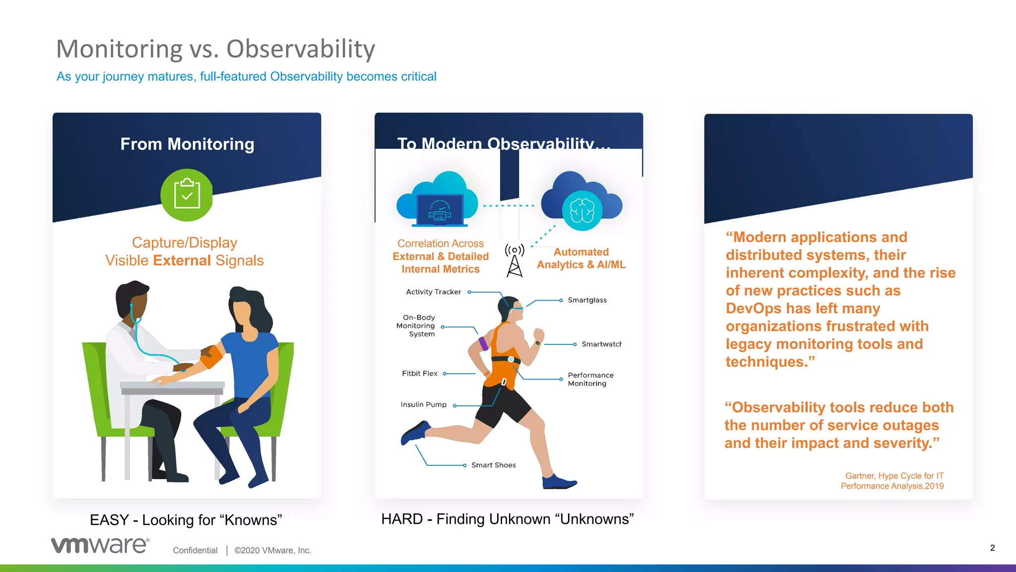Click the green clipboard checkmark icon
(187, 195)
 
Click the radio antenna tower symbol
(514, 260)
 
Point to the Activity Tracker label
(433, 292)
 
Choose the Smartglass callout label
(587, 300)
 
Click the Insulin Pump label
(423, 405)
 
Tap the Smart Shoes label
(493, 465)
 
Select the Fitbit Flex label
(419, 374)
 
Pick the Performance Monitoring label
(590, 380)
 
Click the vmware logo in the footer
(100, 545)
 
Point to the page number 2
(992, 548)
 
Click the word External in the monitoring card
(182, 260)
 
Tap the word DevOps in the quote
(749, 309)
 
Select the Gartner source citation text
(892, 481)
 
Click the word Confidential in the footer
(195, 550)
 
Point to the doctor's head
(133, 300)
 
